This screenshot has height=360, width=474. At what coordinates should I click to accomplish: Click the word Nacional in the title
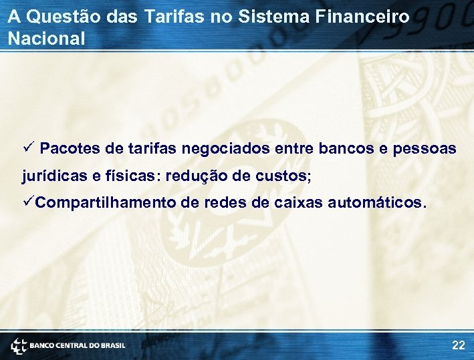coord(47,39)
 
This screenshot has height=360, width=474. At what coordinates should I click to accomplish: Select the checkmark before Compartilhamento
coord(27,202)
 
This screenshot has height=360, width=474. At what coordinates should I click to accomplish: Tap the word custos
coord(283,176)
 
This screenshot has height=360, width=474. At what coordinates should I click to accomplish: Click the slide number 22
coord(458,345)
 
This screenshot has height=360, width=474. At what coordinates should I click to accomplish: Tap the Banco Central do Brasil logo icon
coord(19,345)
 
